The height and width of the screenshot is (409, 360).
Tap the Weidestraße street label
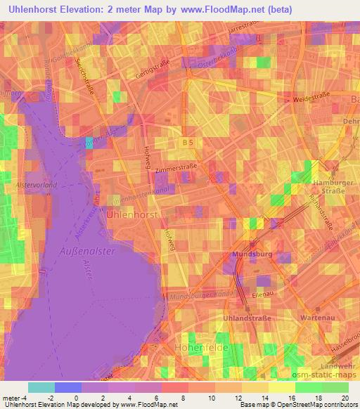pos(314,100)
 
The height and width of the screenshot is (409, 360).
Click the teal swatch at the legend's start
pos(41,387)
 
